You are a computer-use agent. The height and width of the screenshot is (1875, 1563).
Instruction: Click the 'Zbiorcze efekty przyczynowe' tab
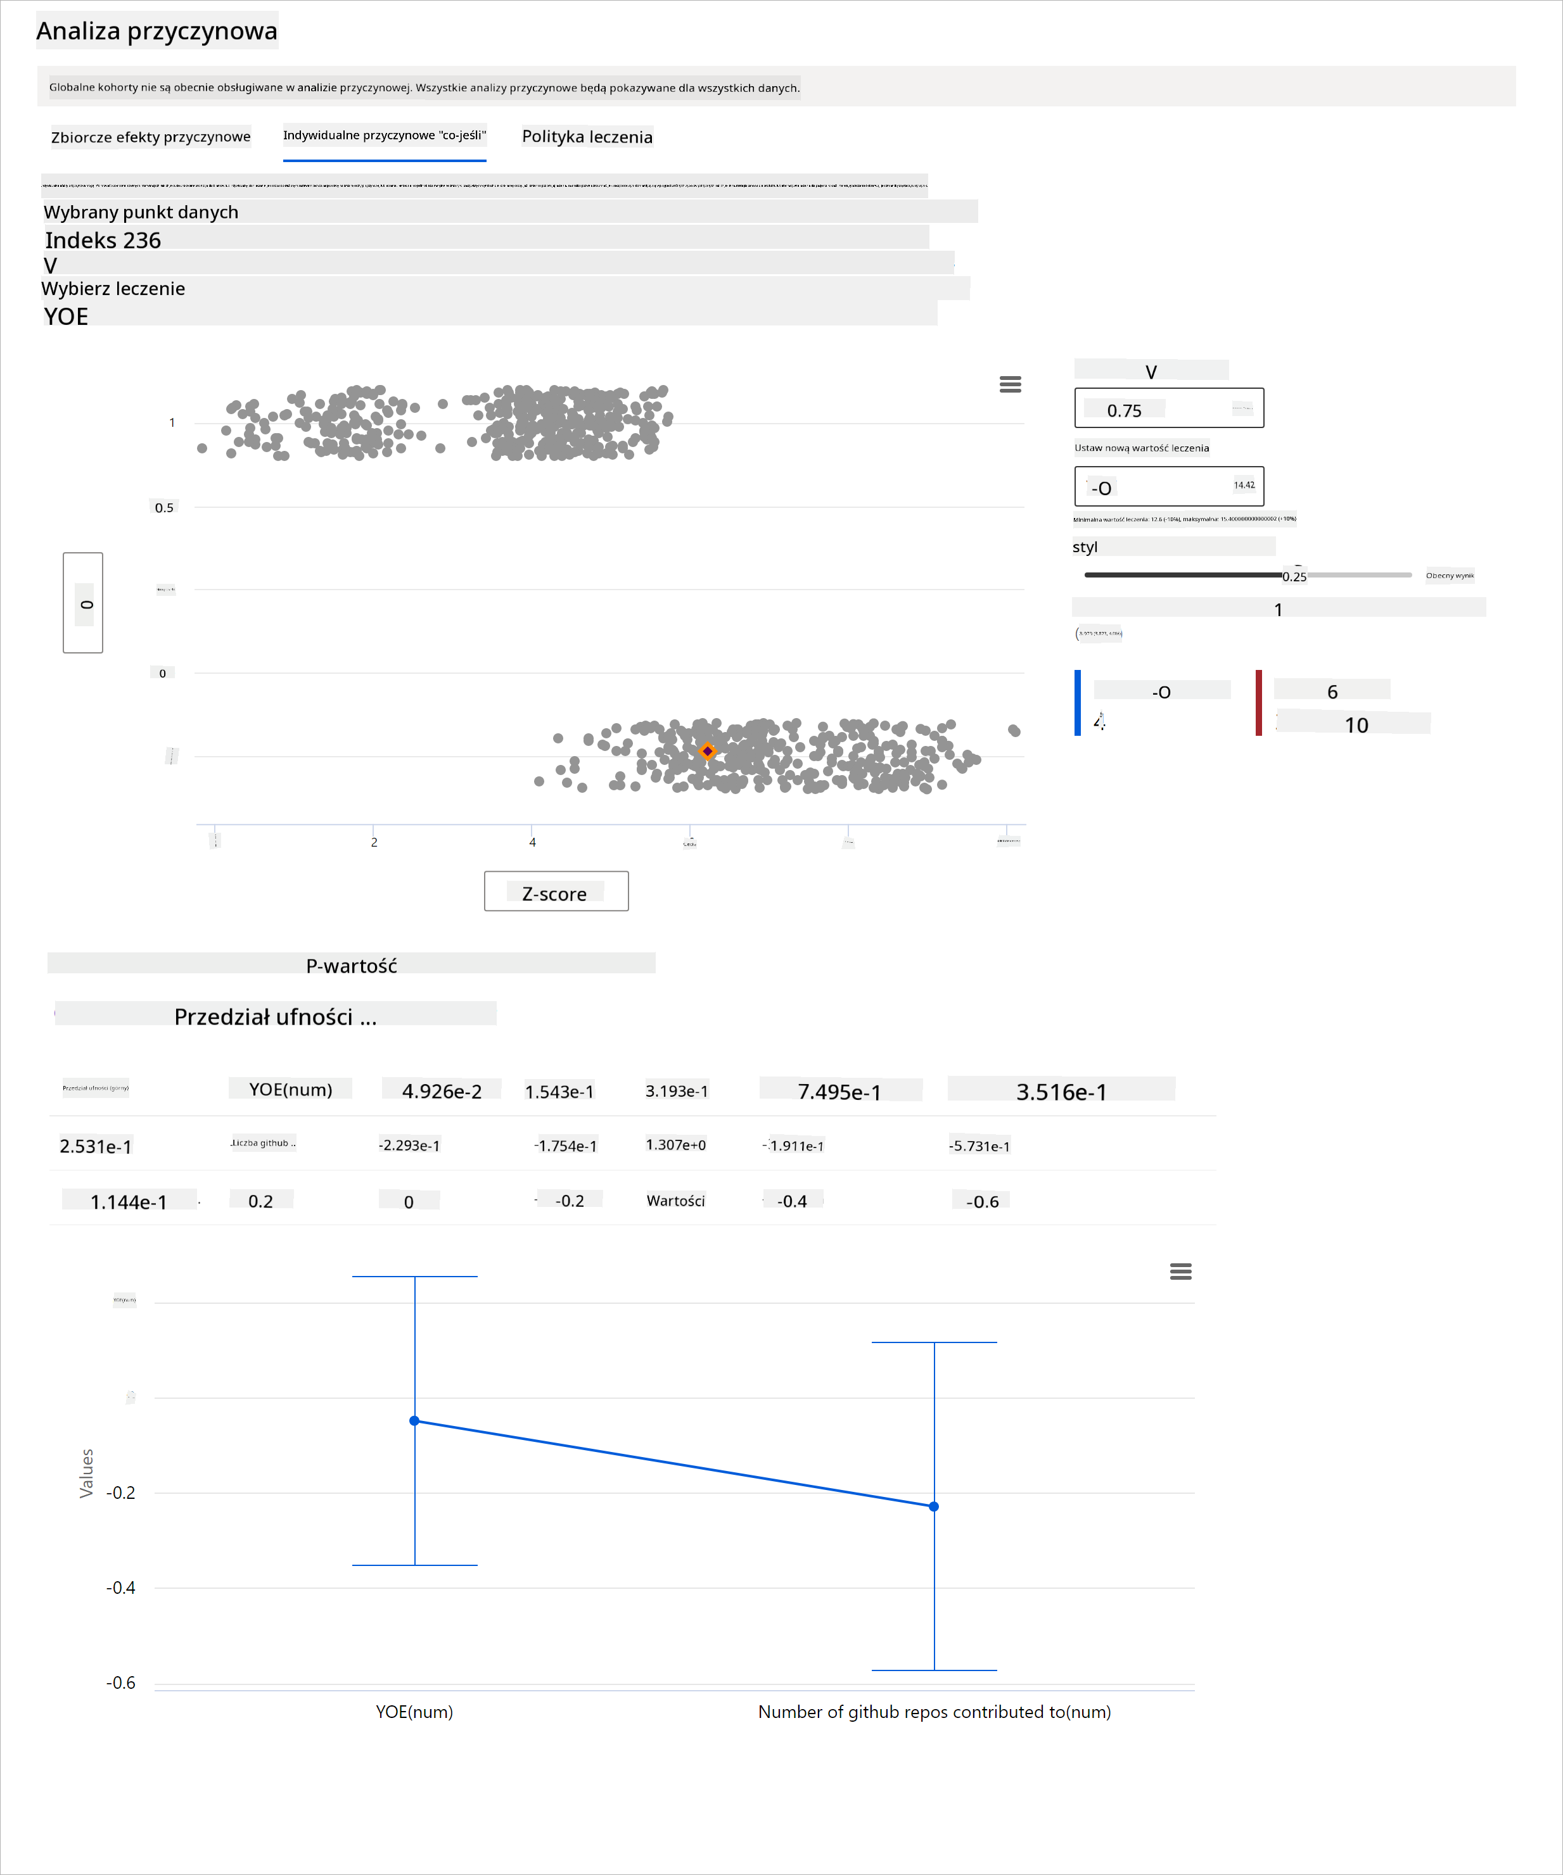(x=150, y=137)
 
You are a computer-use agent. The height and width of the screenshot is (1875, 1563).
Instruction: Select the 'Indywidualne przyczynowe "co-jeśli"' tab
(x=384, y=136)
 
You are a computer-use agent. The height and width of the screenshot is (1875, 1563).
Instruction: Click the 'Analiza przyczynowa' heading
(x=156, y=31)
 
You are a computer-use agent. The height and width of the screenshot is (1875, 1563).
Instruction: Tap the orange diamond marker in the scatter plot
(x=707, y=752)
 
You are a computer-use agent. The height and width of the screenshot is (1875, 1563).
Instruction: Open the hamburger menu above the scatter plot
(x=1010, y=384)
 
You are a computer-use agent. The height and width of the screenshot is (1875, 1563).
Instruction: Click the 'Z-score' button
(x=556, y=892)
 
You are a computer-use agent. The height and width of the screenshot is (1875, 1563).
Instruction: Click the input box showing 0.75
(x=1168, y=409)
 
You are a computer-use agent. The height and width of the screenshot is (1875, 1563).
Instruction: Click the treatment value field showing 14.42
(x=1168, y=486)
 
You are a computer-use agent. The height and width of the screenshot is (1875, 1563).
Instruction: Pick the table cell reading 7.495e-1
(x=839, y=1091)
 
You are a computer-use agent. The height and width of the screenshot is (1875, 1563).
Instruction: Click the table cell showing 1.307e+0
(x=675, y=1146)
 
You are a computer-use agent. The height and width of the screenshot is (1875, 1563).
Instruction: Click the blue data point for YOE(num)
(x=414, y=1420)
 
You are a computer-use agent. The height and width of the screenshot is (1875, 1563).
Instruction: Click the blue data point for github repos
(x=935, y=1507)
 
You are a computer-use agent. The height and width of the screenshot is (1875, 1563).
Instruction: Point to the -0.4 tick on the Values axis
(x=120, y=1588)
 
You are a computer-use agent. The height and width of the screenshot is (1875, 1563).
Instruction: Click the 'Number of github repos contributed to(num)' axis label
(x=935, y=1712)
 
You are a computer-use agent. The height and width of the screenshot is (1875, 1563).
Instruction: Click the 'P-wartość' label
(x=351, y=965)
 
